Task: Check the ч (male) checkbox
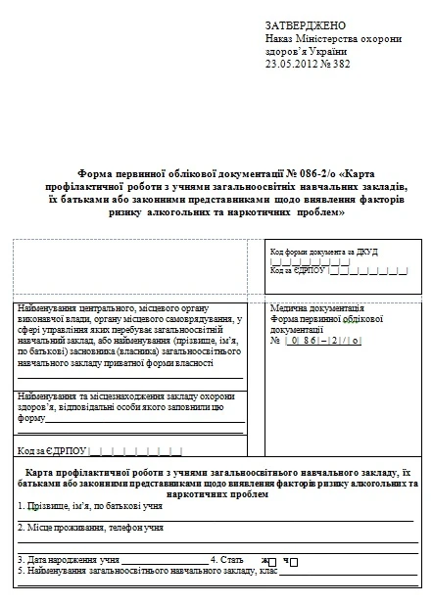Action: (x=293, y=561)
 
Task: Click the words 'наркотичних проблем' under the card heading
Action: (x=217, y=495)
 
